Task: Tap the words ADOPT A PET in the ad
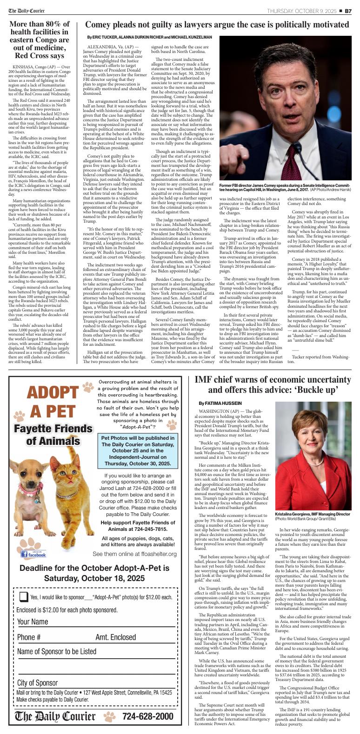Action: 52,402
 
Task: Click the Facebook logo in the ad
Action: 34,554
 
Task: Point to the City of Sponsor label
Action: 38,682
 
